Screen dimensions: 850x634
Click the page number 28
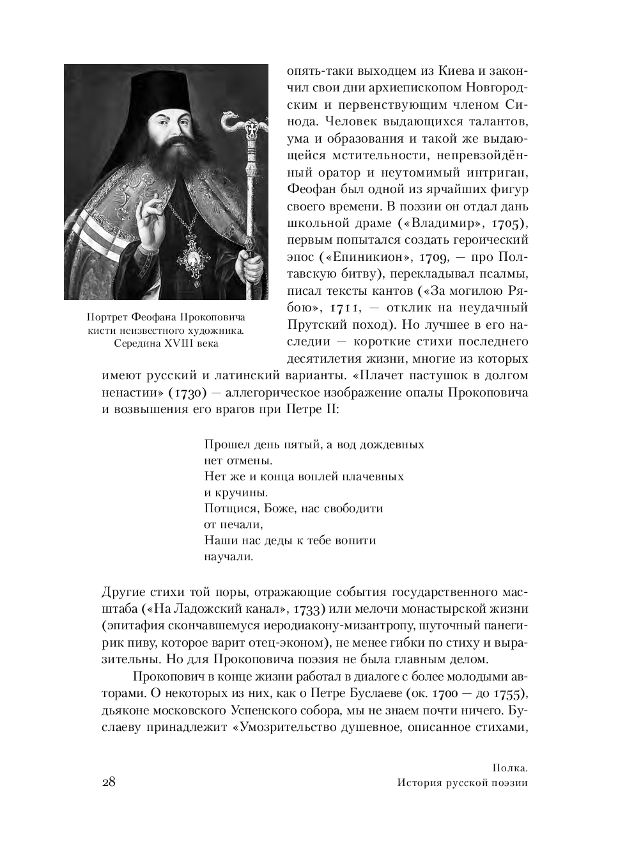pos(108,783)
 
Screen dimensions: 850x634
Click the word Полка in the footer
pos(509,767)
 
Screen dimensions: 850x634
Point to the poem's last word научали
pos(229,556)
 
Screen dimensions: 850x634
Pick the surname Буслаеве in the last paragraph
pos(378,695)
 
